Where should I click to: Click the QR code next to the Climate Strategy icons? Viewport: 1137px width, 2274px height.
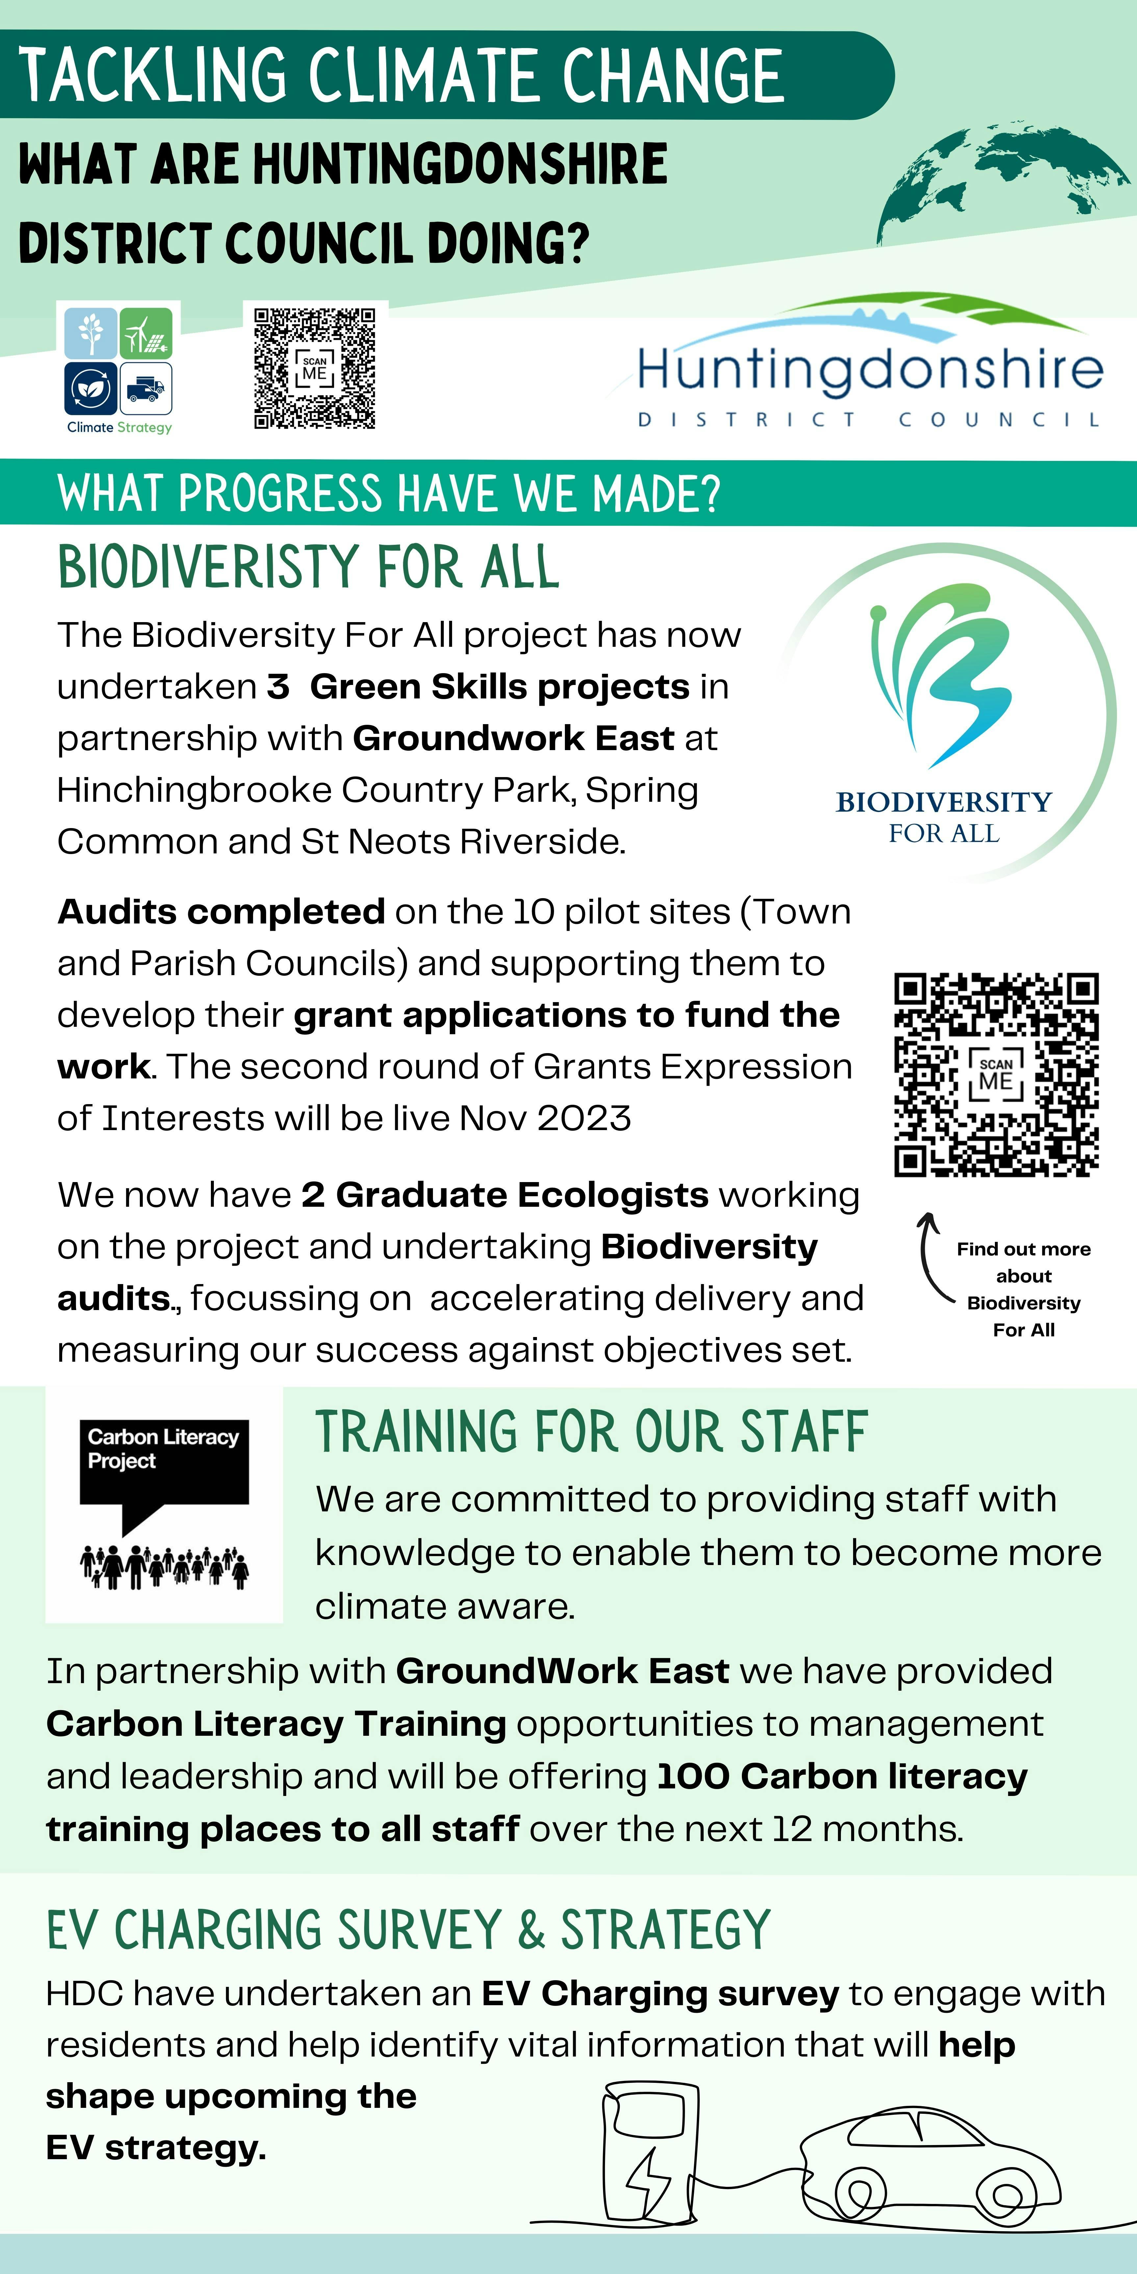pos(314,368)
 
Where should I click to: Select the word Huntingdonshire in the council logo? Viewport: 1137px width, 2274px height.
pos(870,369)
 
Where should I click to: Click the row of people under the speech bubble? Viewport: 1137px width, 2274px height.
pos(164,1567)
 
